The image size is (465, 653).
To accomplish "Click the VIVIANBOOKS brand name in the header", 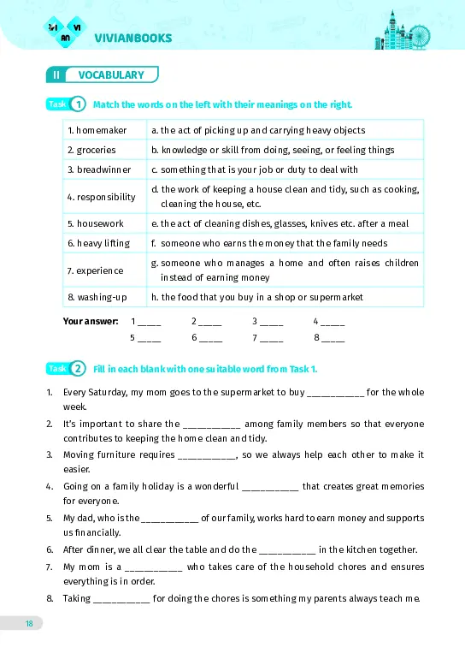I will click(x=134, y=38).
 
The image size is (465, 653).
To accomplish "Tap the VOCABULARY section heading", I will click(x=111, y=74).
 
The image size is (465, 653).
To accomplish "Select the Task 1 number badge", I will click(x=78, y=104).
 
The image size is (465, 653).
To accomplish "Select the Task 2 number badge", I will click(x=78, y=368).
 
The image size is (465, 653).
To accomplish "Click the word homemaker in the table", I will click(x=97, y=130).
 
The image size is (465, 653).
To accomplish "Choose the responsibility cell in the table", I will click(x=102, y=197).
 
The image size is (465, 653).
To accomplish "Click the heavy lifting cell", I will click(x=98, y=243).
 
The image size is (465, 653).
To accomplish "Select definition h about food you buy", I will click(x=256, y=297).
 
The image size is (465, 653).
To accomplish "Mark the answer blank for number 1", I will click(x=149, y=323).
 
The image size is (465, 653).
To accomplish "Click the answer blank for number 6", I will click(x=209, y=338).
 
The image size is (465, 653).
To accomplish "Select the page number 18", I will click(x=29, y=623).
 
